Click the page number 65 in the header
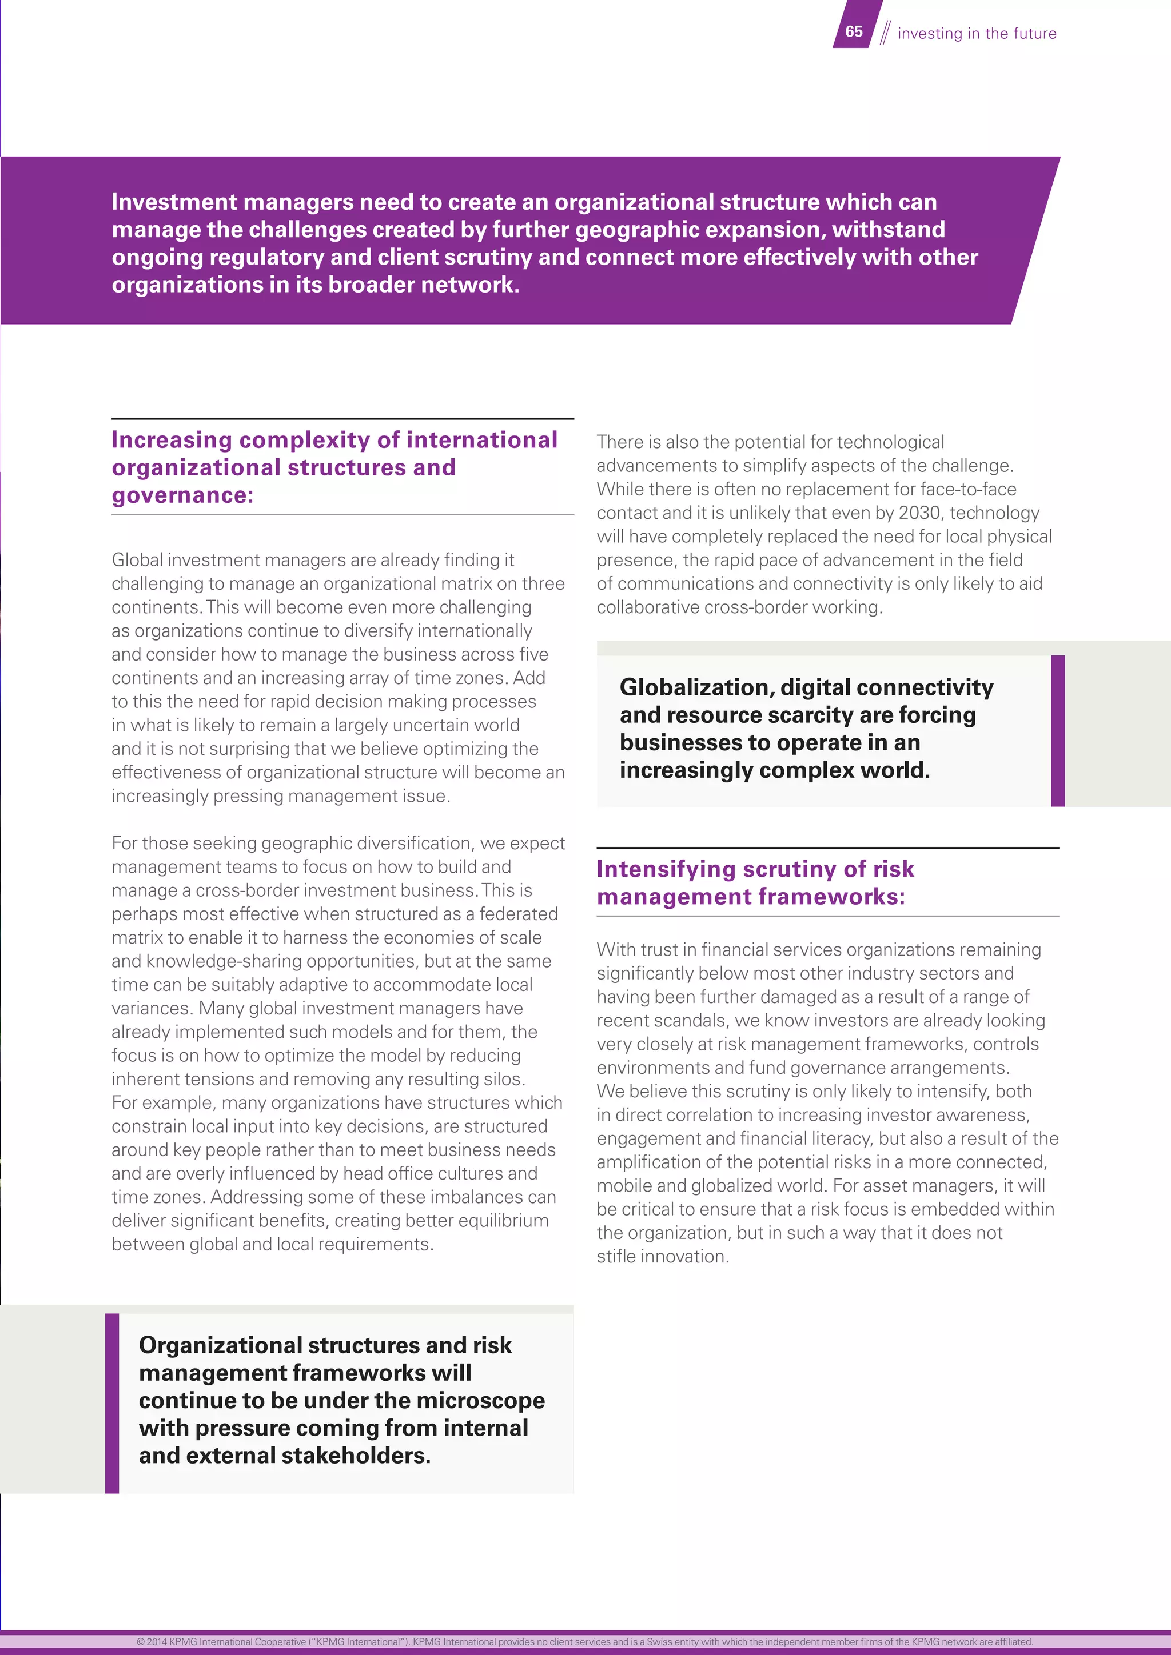click(x=854, y=31)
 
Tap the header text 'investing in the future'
click(x=977, y=34)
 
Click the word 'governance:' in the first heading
click(x=182, y=496)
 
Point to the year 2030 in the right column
click(x=919, y=513)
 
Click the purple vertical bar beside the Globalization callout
click(x=1057, y=731)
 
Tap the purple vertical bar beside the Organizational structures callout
click(x=111, y=1403)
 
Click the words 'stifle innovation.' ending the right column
click(x=662, y=1257)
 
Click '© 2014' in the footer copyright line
click(x=151, y=1642)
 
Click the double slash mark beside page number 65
click(x=885, y=33)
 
